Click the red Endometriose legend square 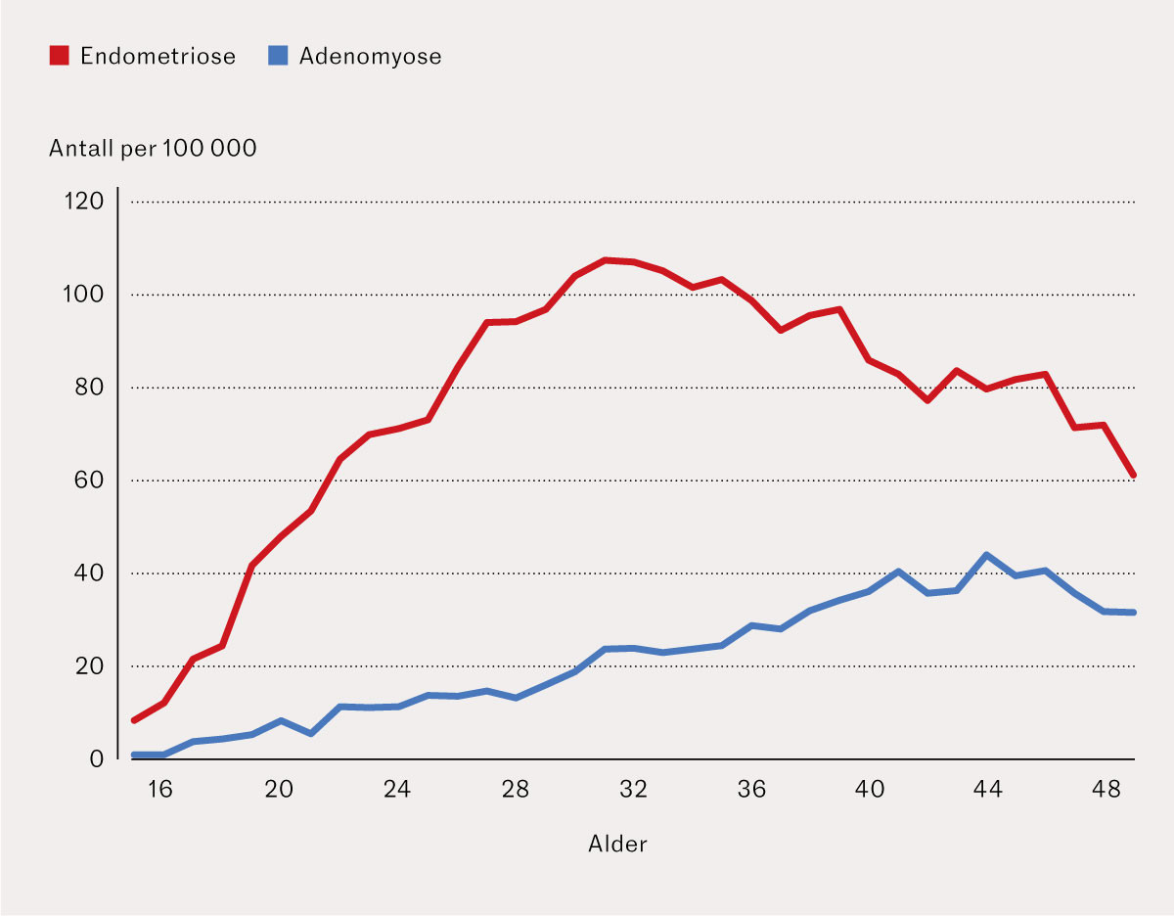[x=59, y=56]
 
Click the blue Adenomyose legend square [x=278, y=56]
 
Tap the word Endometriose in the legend [x=158, y=56]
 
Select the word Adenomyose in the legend [x=370, y=57]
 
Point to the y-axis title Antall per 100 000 [x=153, y=149]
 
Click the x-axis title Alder [x=617, y=844]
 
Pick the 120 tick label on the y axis [x=84, y=201]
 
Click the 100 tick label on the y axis [x=83, y=295]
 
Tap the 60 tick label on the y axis [x=89, y=480]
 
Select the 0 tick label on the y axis [x=97, y=759]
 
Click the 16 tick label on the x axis [x=159, y=790]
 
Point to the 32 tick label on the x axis [x=633, y=790]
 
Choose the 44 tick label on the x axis [x=987, y=790]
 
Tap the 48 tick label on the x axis [x=1106, y=790]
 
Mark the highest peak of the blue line [x=986, y=555]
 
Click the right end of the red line [x=1133, y=475]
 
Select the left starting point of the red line [x=134, y=720]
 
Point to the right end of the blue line [x=1133, y=613]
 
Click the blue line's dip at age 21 [x=311, y=734]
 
